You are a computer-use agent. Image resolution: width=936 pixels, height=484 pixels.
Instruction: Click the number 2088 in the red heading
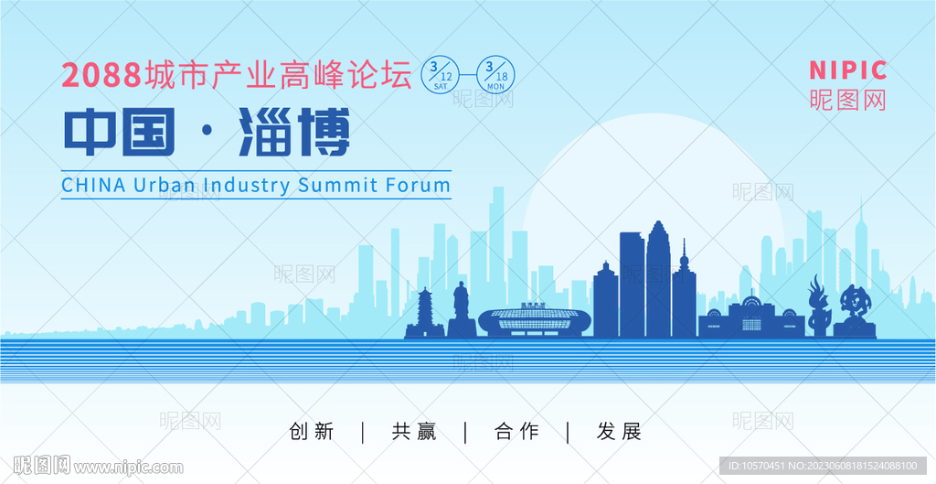tap(101, 75)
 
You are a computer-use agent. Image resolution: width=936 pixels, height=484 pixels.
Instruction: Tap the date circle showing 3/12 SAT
tap(441, 74)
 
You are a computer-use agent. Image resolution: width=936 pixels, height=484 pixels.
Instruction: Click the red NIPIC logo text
tap(847, 70)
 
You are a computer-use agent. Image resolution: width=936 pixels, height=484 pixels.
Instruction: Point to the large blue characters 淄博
tap(293, 132)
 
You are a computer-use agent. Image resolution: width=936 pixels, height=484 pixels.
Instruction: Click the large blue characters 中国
tap(120, 132)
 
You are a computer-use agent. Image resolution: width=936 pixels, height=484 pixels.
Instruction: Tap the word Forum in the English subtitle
tap(418, 185)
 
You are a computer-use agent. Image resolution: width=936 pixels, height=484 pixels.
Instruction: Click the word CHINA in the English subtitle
tap(93, 185)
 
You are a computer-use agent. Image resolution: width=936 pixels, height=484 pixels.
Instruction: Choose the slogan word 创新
tap(311, 432)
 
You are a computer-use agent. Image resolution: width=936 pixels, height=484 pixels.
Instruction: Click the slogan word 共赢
tap(414, 432)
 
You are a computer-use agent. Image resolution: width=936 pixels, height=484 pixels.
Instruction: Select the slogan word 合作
tap(516, 432)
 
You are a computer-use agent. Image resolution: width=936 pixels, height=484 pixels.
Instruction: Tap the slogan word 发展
tap(619, 432)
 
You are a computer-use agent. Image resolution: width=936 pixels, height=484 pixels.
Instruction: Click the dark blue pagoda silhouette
tap(425, 314)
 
